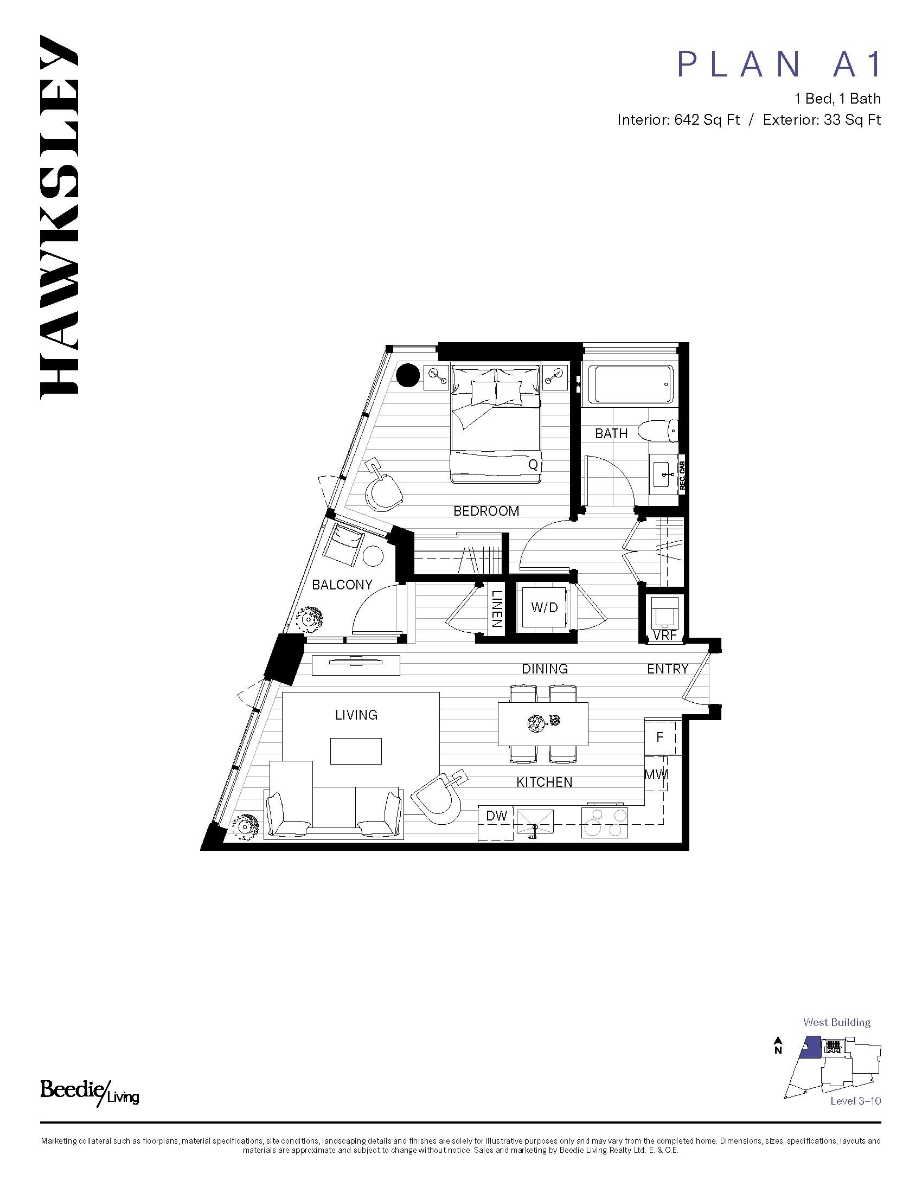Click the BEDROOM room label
pyautogui.click(x=486, y=511)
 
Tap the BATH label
pyautogui.click(x=611, y=433)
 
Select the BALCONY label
pyautogui.click(x=342, y=585)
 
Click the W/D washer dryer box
pyautogui.click(x=545, y=607)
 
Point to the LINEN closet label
pyautogui.click(x=496, y=608)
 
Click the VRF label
pyautogui.click(x=665, y=636)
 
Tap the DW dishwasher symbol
pyautogui.click(x=496, y=816)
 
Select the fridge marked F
pyautogui.click(x=660, y=737)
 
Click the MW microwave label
pyautogui.click(x=656, y=774)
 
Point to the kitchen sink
pyautogui.click(x=535, y=821)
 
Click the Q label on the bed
pyautogui.click(x=533, y=465)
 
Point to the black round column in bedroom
pyautogui.click(x=407, y=375)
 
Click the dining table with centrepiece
pyautogui.click(x=543, y=724)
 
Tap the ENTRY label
pyautogui.click(x=668, y=669)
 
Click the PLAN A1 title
pyautogui.click(x=779, y=65)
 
